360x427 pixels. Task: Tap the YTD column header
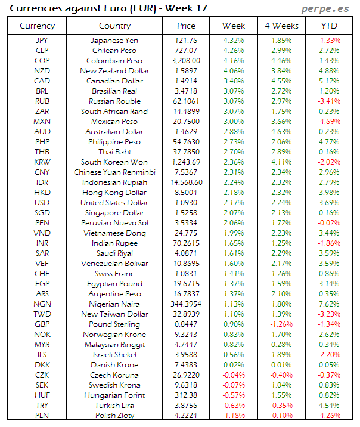tap(328, 26)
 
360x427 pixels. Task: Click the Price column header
tap(186, 26)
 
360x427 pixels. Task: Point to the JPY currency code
tap(42, 41)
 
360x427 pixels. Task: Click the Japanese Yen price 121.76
tap(186, 41)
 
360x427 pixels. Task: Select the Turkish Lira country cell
tap(114, 406)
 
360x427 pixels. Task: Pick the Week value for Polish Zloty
tap(233, 416)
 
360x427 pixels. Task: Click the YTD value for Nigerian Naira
tap(328, 304)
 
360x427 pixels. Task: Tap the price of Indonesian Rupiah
tap(186, 182)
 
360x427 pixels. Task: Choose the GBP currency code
tap(42, 324)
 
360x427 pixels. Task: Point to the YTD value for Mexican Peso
tap(328, 122)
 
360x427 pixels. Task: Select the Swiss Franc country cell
tap(114, 274)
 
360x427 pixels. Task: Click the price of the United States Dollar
tap(186, 203)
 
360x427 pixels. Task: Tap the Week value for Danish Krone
tap(233, 365)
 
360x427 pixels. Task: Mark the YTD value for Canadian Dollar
tap(328, 81)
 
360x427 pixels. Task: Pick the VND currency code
tap(42, 233)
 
